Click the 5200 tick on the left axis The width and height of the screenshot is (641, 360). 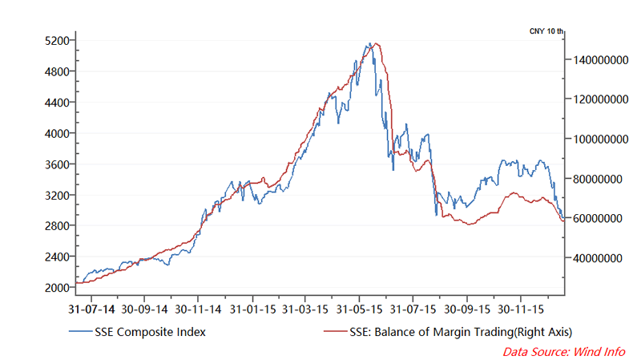[58, 40]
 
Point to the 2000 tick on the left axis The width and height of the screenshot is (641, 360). [58, 287]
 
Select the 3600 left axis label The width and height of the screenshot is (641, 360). [58, 164]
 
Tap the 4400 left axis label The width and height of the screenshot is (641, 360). [58, 102]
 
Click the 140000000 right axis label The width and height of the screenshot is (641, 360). [599, 60]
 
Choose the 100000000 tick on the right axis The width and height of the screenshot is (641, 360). [599, 140]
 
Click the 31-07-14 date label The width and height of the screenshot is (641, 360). [91, 308]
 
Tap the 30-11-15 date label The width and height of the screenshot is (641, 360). [520, 308]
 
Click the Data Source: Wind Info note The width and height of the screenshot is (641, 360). [565, 351]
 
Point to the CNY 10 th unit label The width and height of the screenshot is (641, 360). [546, 30]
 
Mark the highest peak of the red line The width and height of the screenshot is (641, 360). [377, 43]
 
